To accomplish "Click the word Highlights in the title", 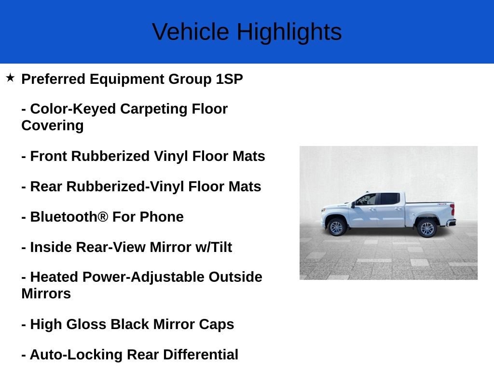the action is tap(289, 33).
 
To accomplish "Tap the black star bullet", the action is tap(10, 78).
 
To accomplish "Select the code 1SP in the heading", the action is tap(229, 79).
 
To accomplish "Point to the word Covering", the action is tap(53, 126).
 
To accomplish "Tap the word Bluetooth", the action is tap(69, 217).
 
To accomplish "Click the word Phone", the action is tap(162, 217).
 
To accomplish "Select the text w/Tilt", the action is tap(214, 247).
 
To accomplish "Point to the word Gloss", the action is tap(86, 324).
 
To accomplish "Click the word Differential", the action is tap(200, 355).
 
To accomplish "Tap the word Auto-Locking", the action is tap(76, 355).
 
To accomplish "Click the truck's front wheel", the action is tap(336, 227).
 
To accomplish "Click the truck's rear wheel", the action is tap(427, 228).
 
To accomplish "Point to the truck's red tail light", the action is tap(453, 209).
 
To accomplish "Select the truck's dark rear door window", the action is tap(390, 199).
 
